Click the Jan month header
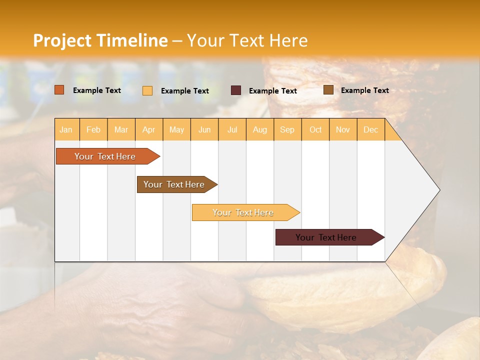pos(66,129)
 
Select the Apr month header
pos(148,129)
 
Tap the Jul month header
pos(232,129)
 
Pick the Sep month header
pos(287,129)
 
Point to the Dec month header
pos(370,129)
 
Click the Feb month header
pos(93,129)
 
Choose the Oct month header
pos(315,129)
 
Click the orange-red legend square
pos(59,90)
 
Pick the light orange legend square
pos(147,90)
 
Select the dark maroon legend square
pos(236,90)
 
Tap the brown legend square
pos(328,90)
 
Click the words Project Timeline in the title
pos(100,40)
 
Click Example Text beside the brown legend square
pos(364,90)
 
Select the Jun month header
pos(204,129)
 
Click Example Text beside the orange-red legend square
pos(97,90)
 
